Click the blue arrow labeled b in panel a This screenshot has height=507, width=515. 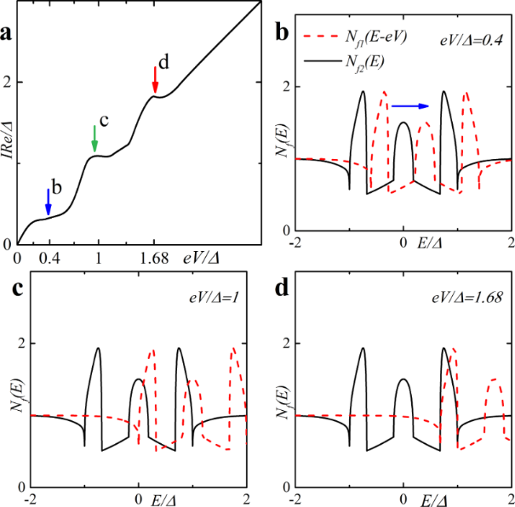point(48,202)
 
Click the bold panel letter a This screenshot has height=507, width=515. point(7,34)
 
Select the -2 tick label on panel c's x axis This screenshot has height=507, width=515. point(31,498)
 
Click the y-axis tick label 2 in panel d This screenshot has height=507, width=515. point(284,343)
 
